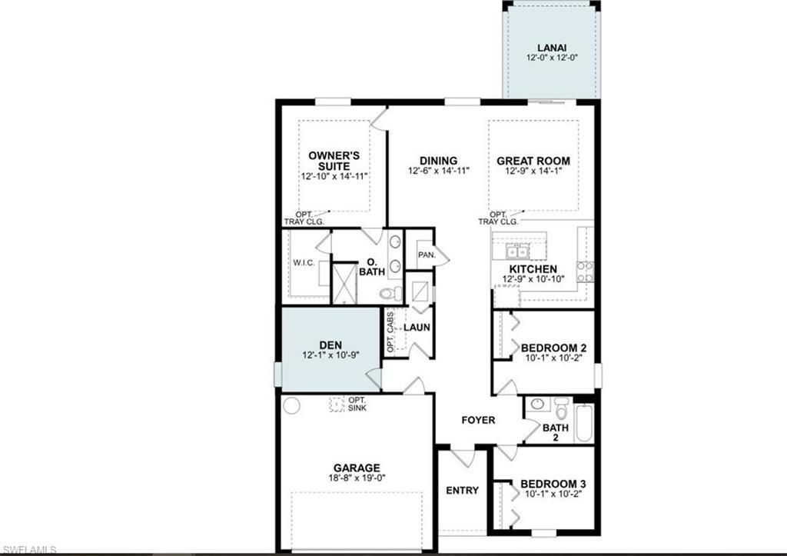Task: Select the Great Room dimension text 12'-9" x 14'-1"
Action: click(533, 172)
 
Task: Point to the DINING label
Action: click(438, 161)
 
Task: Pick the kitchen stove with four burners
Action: click(585, 271)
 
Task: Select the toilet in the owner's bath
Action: click(390, 293)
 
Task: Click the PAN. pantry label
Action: click(427, 255)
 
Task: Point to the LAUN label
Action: click(417, 327)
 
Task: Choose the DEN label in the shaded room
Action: click(330, 345)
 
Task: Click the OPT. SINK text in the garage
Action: click(357, 404)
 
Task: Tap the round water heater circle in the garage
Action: click(291, 405)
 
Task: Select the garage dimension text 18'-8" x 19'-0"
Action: click(357, 478)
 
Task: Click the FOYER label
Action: click(478, 420)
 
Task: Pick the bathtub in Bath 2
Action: click(584, 424)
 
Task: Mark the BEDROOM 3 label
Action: click(553, 484)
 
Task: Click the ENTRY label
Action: click(462, 490)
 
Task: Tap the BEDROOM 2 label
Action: click(553, 347)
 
